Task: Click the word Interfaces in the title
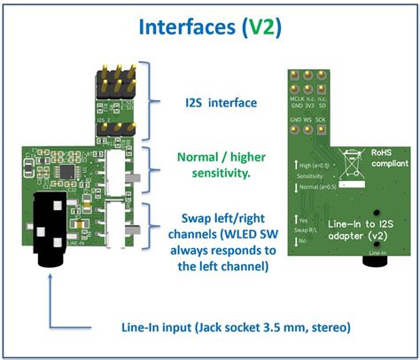pos(180,27)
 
